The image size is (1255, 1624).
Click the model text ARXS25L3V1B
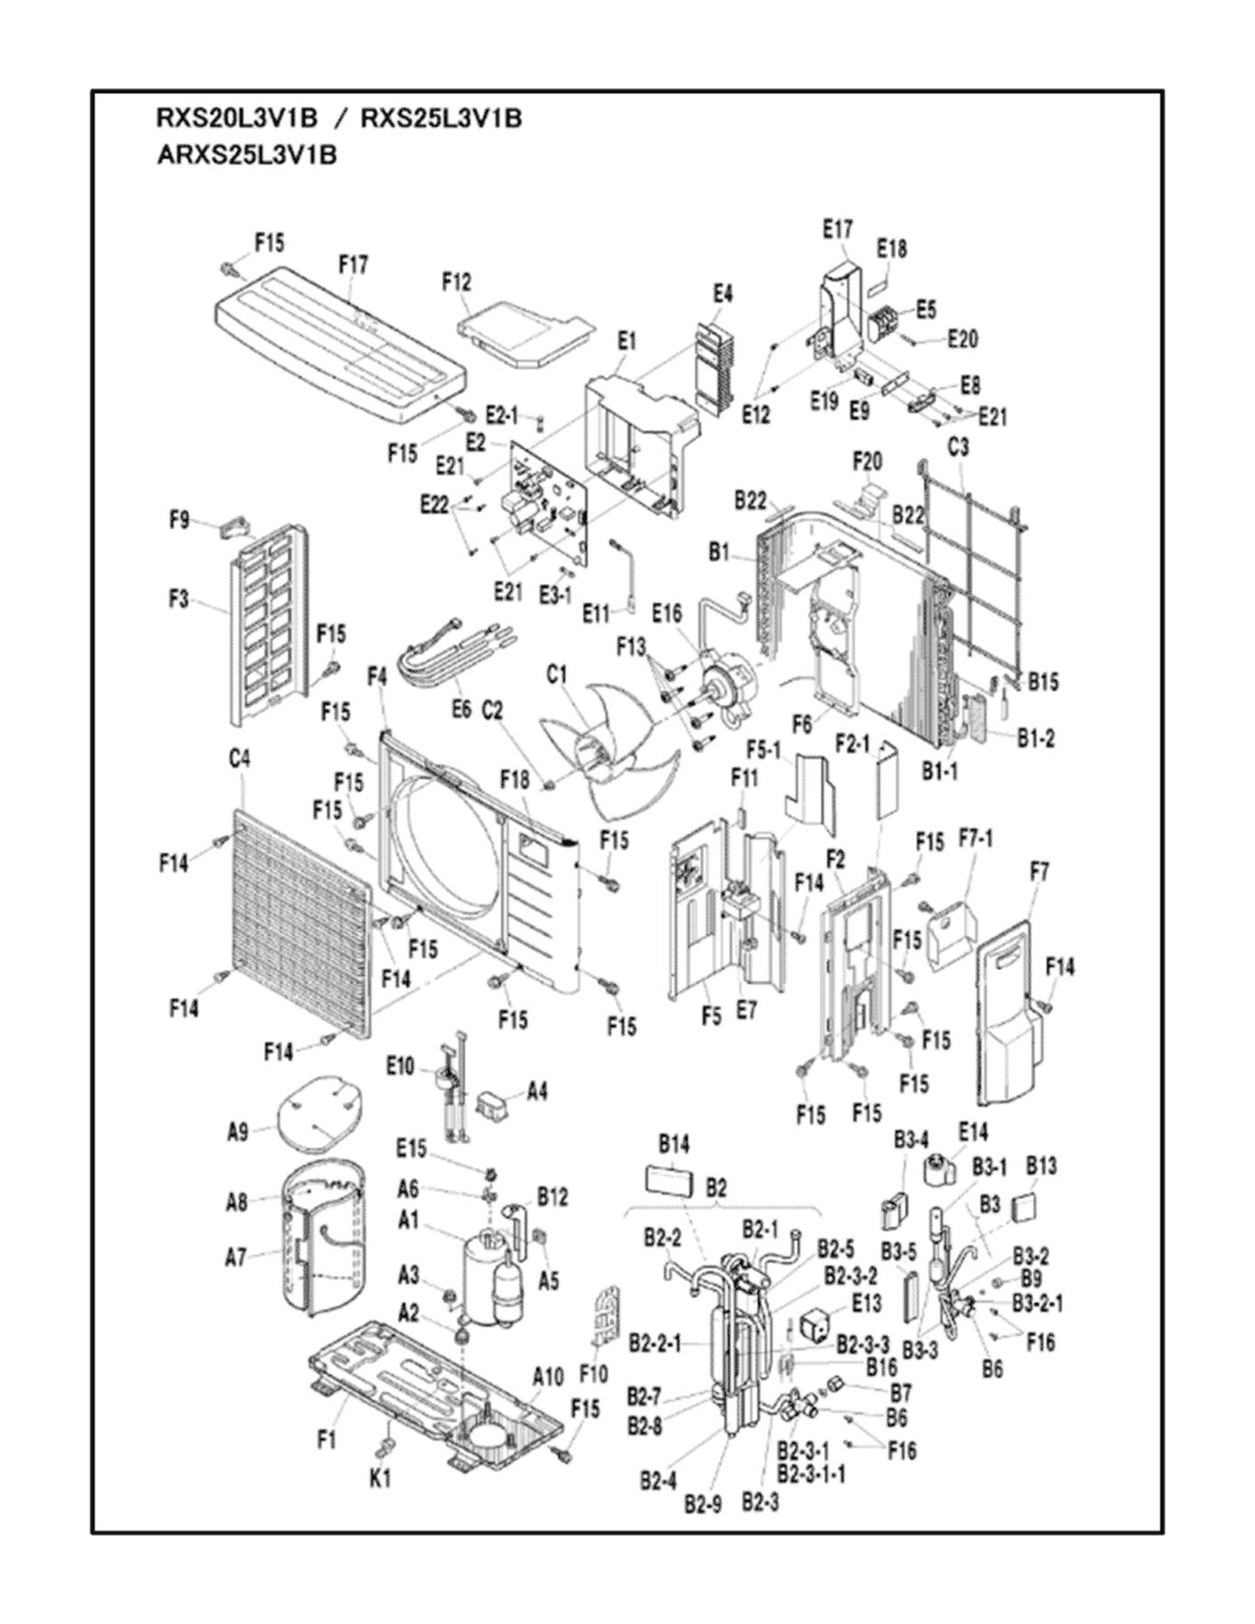(247, 155)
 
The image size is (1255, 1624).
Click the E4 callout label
(723, 293)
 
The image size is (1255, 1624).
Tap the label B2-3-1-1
(811, 1474)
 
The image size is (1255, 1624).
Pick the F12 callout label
(457, 282)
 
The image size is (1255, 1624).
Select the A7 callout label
(235, 1257)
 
